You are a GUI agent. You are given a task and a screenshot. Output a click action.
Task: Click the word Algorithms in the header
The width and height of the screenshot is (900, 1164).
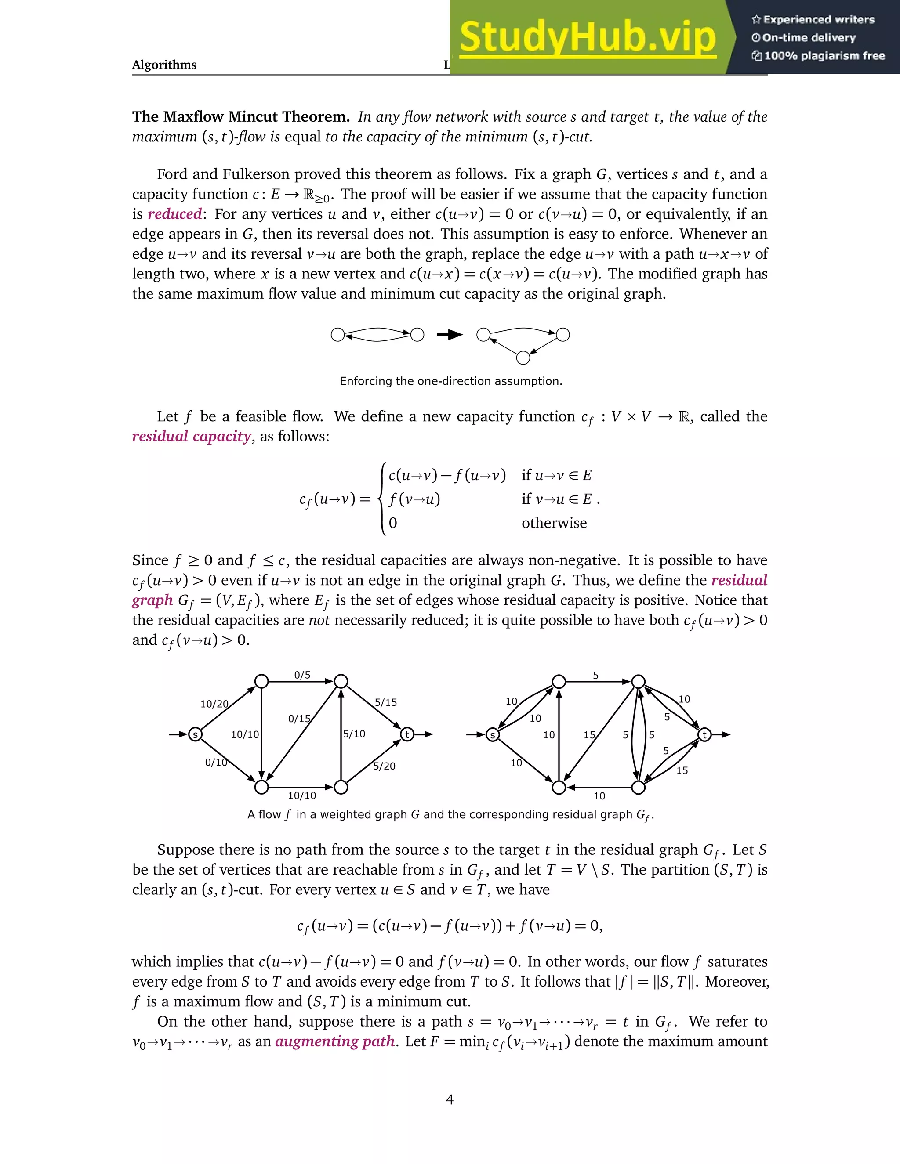164,65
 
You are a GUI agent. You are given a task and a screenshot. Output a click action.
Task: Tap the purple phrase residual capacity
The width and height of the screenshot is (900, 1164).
192,437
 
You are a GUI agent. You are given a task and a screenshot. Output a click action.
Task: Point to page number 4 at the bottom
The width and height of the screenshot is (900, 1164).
450,1099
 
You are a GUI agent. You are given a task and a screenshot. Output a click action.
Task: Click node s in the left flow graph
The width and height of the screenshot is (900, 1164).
195,735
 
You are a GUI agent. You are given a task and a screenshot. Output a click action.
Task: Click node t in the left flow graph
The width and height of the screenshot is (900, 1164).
407,735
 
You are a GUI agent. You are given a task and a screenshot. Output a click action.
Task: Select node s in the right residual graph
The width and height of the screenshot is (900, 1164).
493,735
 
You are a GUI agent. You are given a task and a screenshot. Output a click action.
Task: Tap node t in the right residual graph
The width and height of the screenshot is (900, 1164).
704,735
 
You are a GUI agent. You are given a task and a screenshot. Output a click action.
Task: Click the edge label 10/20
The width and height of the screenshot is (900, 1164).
214,704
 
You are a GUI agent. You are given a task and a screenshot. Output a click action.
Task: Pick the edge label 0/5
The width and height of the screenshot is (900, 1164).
302,675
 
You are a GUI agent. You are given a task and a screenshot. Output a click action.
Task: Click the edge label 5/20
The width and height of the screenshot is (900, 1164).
385,766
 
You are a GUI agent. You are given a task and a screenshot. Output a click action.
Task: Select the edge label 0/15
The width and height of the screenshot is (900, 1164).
299,719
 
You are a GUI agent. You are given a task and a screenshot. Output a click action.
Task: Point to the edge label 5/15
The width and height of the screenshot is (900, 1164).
385,702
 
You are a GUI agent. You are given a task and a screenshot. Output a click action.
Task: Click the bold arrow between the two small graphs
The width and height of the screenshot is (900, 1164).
450,335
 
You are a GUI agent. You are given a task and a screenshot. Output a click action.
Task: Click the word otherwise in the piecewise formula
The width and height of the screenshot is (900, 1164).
554,523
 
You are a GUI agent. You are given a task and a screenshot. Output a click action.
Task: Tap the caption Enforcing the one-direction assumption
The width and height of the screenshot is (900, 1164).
450,381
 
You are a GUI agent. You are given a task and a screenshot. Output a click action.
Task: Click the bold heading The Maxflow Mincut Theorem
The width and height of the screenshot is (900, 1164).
241,117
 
